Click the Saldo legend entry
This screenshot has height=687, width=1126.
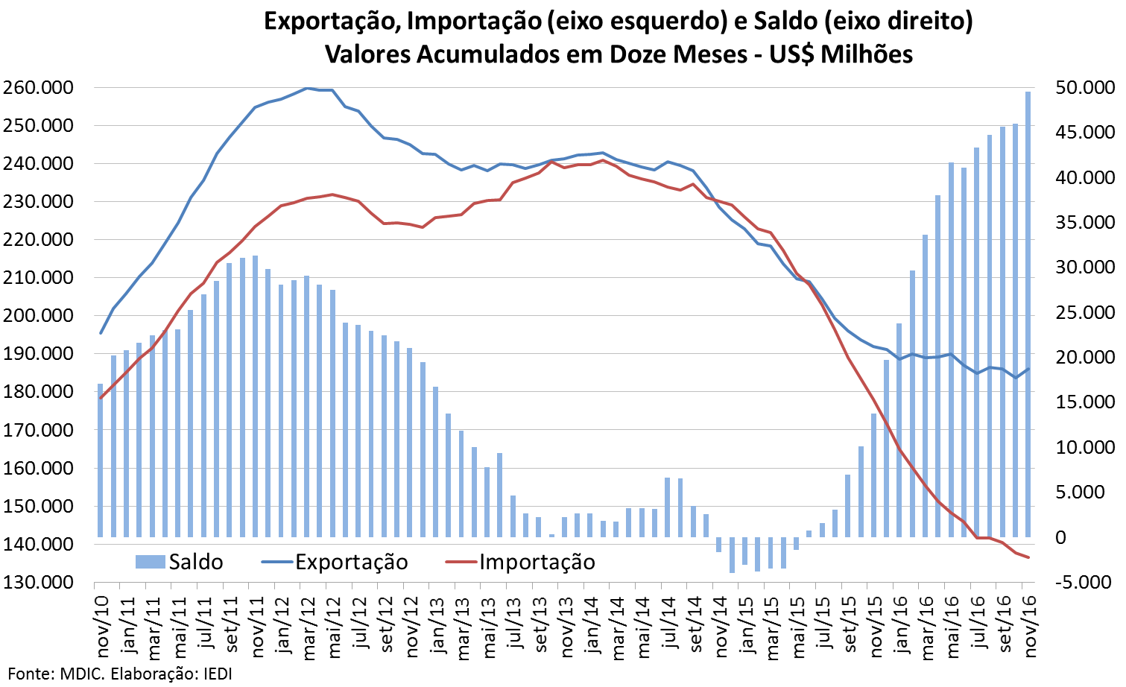(x=179, y=562)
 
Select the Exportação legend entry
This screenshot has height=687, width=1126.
(x=335, y=562)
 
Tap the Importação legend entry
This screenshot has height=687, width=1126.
(x=520, y=562)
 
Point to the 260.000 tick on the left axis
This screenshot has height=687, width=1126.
(x=38, y=88)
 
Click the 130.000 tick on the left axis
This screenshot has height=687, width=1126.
(x=38, y=582)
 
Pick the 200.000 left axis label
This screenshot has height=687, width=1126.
(x=38, y=316)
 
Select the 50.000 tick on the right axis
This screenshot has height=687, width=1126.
(x=1084, y=88)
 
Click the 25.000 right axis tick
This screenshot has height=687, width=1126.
(x=1084, y=312)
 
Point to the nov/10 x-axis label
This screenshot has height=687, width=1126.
(x=102, y=626)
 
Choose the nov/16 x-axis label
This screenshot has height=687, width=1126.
(x=1030, y=626)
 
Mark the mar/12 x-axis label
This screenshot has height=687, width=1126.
(x=309, y=626)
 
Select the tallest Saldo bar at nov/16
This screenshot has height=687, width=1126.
(x=1028, y=313)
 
